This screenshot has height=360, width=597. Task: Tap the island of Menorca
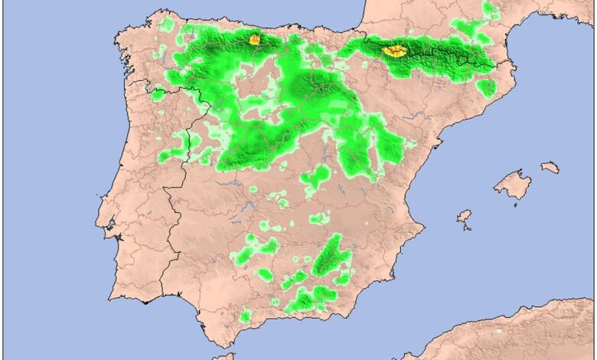550,166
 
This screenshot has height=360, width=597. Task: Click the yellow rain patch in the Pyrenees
395,51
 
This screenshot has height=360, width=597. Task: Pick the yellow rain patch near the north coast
254,38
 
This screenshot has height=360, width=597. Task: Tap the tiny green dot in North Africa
498,331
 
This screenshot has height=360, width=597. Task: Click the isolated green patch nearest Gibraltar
245,315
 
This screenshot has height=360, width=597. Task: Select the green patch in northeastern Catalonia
487,87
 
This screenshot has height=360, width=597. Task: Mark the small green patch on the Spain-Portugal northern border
158,95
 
